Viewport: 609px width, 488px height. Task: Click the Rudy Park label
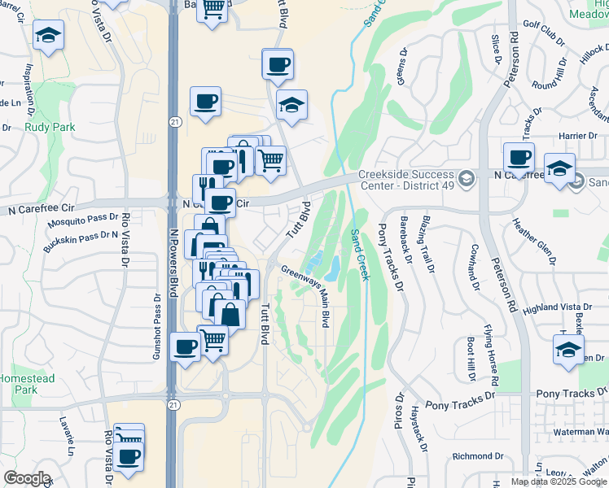point(50,128)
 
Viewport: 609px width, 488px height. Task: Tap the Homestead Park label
point(27,384)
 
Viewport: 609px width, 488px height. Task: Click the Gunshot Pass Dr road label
point(159,325)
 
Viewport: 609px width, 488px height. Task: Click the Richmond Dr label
point(474,456)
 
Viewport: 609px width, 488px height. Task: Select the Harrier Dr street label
point(580,136)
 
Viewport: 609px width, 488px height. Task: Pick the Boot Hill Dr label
point(471,359)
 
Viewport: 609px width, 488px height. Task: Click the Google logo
point(26,478)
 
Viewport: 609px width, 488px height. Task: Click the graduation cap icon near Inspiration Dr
point(48,36)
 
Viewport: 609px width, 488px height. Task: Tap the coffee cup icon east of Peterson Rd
point(519,156)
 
